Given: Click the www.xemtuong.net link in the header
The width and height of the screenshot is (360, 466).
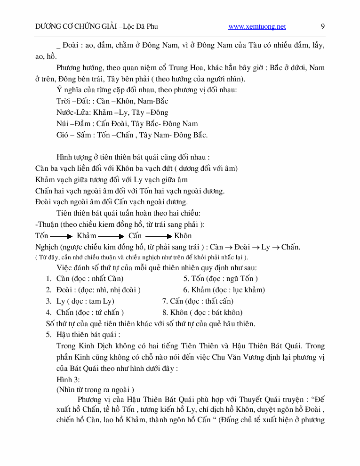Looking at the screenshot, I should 257,27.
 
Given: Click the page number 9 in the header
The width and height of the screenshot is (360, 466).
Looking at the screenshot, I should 322,26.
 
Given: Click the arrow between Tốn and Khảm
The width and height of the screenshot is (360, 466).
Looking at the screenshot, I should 61,236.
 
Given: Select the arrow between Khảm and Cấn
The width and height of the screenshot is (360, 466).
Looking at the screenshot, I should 112,236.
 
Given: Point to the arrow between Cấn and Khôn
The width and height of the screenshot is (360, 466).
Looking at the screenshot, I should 159,236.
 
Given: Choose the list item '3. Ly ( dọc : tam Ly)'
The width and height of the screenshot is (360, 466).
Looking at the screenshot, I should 80,301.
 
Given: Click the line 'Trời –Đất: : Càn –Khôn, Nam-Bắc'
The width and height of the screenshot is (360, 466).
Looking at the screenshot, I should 112,101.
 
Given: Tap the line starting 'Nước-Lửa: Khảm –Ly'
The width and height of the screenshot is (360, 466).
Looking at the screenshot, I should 112,112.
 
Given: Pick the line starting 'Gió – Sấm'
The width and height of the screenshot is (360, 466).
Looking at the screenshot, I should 132,135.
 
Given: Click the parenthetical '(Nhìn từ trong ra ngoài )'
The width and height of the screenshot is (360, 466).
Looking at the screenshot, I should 95,390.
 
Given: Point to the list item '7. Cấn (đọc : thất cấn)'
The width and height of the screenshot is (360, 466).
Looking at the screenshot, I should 198,301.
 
